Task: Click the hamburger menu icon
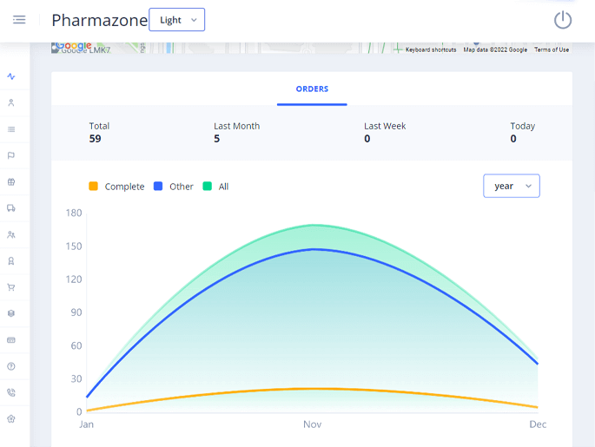[x=19, y=20]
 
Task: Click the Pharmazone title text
[x=99, y=20]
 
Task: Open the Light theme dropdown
[x=176, y=20]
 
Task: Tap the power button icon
[x=563, y=20]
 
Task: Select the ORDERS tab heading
[x=312, y=89]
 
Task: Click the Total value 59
[x=96, y=139]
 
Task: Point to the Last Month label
[x=236, y=126]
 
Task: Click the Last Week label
[x=385, y=126]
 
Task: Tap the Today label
[x=522, y=126]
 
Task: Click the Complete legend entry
[x=116, y=187]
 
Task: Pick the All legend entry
[x=216, y=187]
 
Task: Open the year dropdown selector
[x=511, y=186]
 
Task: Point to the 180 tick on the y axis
[x=74, y=213]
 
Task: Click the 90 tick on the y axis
[x=76, y=312]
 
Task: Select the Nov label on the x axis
[x=312, y=424]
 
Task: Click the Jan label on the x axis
[x=87, y=424]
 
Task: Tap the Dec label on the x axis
[x=538, y=424]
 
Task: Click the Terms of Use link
[x=552, y=49]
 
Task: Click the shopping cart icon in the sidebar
[x=11, y=286]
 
